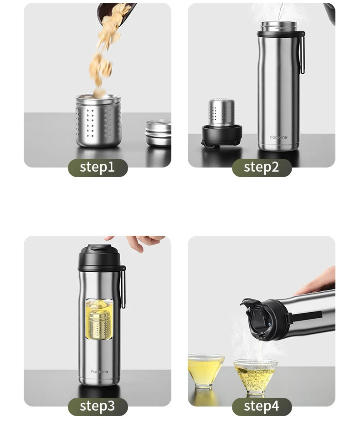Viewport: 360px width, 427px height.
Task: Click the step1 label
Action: pos(98,168)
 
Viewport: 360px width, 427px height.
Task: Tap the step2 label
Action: pos(262,168)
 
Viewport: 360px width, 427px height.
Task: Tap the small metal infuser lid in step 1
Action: pos(159,132)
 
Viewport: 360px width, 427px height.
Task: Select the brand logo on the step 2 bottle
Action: pos(278,137)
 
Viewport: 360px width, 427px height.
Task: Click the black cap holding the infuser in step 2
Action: pos(221,135)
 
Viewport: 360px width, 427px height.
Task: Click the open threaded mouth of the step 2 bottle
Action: pos(279,26)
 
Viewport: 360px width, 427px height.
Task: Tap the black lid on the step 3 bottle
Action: pos(99,258)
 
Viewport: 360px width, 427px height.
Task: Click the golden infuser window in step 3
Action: pos(99,319)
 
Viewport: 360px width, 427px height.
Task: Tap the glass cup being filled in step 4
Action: pos(256,376)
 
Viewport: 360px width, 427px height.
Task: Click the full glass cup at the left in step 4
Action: pos(206,370)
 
